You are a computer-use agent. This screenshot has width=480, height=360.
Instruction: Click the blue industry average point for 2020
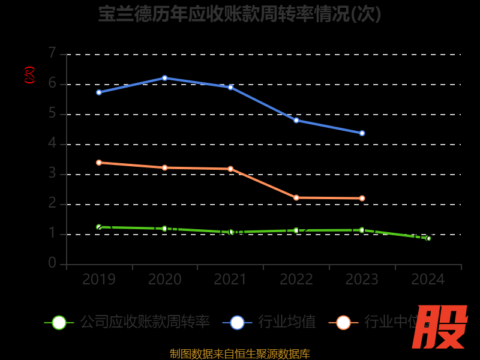tap(164, 78)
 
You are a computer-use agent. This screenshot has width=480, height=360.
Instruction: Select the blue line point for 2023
tap(362, 133)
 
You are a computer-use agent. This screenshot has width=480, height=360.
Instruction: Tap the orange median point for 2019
tap(99, 163)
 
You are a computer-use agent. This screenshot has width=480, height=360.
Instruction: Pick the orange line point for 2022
tap(296, 197)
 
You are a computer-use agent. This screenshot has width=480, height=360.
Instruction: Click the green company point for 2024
tap(428, 238)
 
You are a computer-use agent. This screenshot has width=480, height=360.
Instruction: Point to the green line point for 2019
tap(99, 227)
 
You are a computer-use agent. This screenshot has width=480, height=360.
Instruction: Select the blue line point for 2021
tap(230, 87)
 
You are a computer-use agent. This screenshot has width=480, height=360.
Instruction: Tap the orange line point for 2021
tap(230, 169)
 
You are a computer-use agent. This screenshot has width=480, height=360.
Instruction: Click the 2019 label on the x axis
tap(99, 280)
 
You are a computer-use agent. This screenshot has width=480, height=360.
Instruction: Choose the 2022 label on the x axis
tap(296, 280)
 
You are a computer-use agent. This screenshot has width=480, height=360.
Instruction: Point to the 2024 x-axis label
tap(428, 280)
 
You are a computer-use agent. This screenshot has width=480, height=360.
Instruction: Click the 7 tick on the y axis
tap(52, 53)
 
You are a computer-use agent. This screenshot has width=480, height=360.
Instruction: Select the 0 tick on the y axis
tap(52, 263)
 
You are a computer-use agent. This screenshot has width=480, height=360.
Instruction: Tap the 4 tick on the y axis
tap(52, 143)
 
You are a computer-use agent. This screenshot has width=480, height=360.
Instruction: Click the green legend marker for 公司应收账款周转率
tap(59, 322)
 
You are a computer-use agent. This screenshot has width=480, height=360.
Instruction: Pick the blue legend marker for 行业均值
tap(237, 322)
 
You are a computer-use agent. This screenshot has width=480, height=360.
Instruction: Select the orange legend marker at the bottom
tap(343, 322)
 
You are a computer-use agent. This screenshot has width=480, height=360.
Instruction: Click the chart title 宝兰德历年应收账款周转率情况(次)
tap(240, 14)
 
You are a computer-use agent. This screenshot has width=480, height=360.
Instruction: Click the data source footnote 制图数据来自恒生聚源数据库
tap(240, 353)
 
